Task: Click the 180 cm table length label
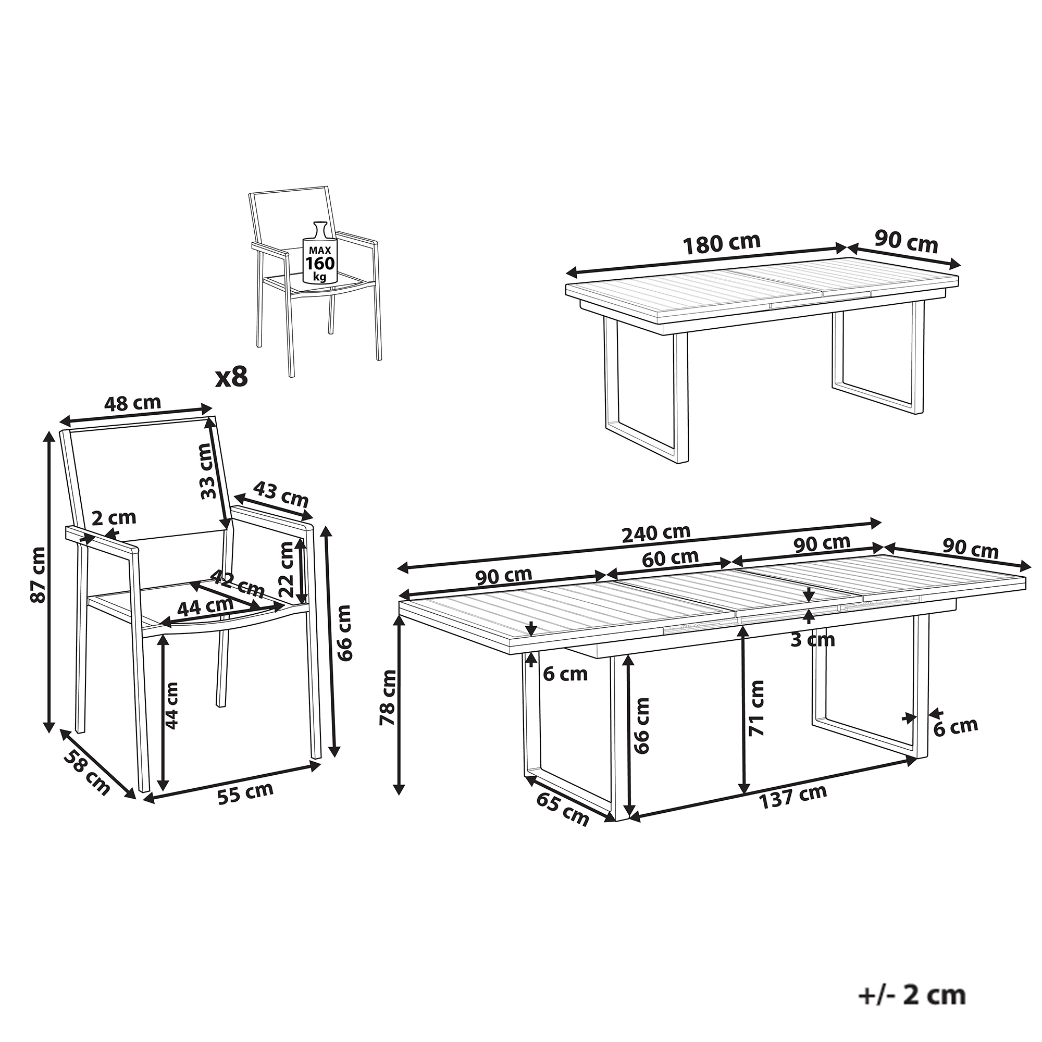(722, 244)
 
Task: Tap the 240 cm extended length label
(656, 534)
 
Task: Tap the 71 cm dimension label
(756, 708)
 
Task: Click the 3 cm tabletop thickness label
(812, 640)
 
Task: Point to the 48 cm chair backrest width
(132, 403)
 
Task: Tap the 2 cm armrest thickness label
(114, 518)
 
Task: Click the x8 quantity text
(231, 377)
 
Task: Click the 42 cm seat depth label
(237, 582)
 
